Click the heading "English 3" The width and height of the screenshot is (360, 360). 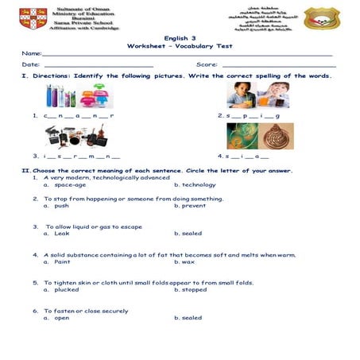click(180, 37)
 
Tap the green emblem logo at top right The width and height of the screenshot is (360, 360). click(322, 18)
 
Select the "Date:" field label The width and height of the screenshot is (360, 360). click(30, 64)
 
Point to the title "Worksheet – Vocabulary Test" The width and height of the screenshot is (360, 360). click(180, 47)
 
